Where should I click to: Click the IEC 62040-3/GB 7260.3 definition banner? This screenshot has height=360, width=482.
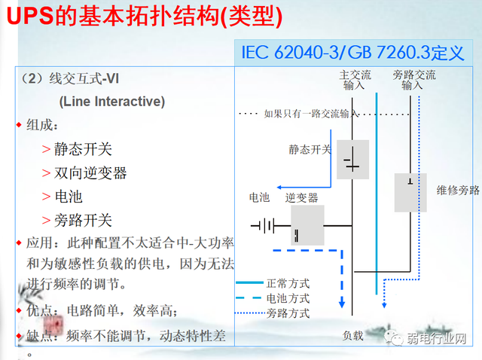coord(353,53)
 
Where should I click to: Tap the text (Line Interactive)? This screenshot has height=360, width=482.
coord(111,101)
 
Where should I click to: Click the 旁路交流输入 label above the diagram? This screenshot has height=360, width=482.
coord(413,80)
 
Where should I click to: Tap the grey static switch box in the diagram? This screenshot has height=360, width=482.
coord(352,159)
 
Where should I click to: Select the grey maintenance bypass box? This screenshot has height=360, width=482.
coord(410,192)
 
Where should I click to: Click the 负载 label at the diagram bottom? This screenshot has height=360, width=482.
coord(353,335)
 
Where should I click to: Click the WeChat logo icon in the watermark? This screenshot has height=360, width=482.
coord(395,338)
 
